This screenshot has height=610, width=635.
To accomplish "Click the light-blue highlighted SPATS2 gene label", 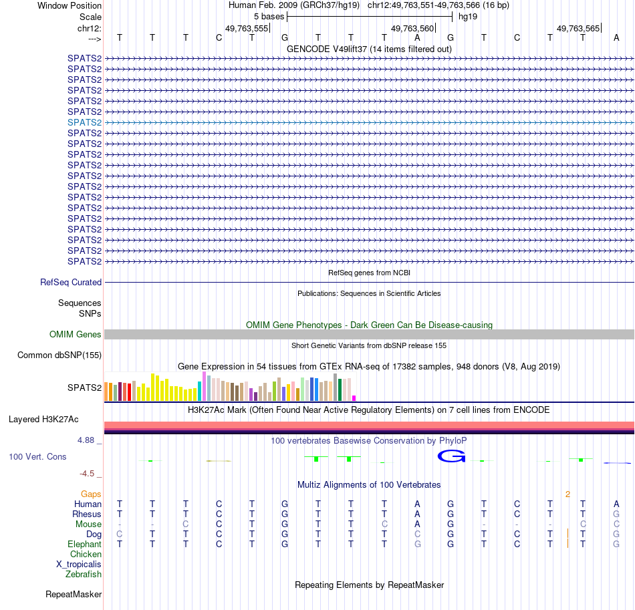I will [84, 122].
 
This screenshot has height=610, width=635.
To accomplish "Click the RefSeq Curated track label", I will [71, 283].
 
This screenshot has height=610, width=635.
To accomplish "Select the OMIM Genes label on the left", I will [76, 335].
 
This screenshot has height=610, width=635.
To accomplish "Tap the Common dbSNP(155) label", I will [59, 355].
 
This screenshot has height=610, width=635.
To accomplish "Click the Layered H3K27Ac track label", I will [43, 420].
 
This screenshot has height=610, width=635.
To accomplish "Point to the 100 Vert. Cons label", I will [37, 456].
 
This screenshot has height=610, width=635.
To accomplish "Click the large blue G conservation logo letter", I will [451, 456].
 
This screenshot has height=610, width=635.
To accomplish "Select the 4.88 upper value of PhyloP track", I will [88, 440].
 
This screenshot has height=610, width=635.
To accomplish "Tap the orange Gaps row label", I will [91, 494].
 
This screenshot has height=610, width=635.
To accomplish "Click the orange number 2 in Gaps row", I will [567, 494].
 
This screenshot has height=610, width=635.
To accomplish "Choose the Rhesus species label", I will [87, 514].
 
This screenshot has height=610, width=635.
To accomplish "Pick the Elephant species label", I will [84, 545].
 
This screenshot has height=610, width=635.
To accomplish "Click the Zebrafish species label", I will [84, 575].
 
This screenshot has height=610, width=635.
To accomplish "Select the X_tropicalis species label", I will [79, 565].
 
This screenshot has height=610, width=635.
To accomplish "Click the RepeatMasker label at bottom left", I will [74, 594].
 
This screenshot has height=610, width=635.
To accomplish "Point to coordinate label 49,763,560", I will [412, 29].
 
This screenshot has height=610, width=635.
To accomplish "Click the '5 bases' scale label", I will [269, 16].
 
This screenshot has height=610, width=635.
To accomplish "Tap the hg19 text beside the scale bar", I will [467, 16].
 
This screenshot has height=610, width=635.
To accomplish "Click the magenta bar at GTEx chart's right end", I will [354, 398].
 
